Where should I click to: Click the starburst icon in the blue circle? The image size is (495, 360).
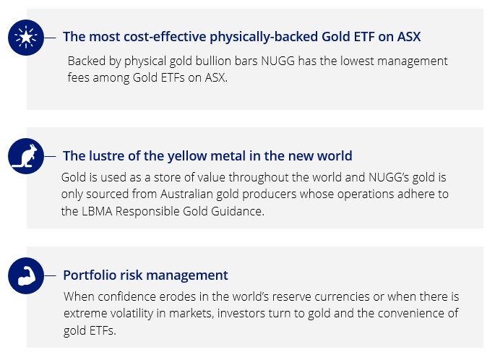click(26, 38)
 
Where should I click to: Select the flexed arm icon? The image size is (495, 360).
click(26, 275)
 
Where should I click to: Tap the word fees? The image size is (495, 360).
click(78, 77)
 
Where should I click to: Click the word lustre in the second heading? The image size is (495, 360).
click(107, 155)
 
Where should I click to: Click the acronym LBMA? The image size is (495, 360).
click(97, 211)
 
